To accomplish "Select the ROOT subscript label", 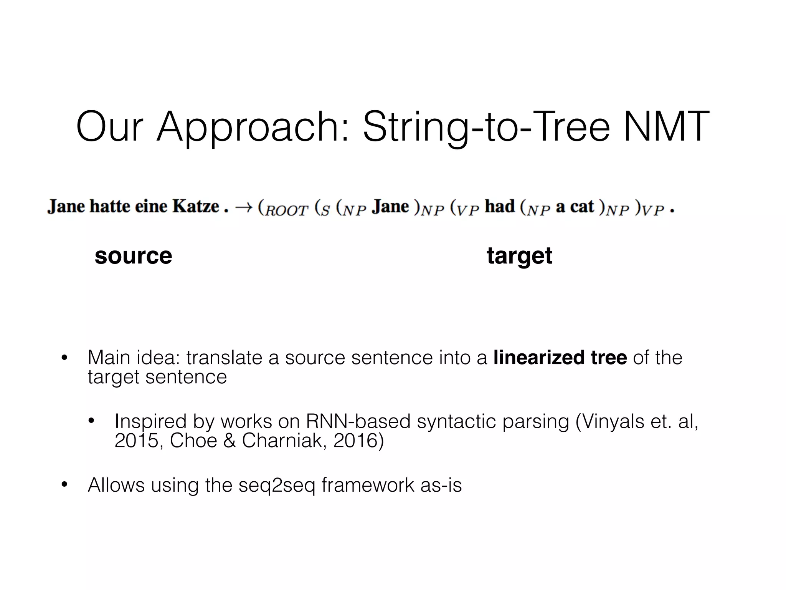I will [286, 211].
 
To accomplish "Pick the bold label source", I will [133, 256].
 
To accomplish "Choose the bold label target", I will [519, 256].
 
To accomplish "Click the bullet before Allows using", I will [64, 485].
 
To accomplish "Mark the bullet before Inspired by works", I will [91, 421].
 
